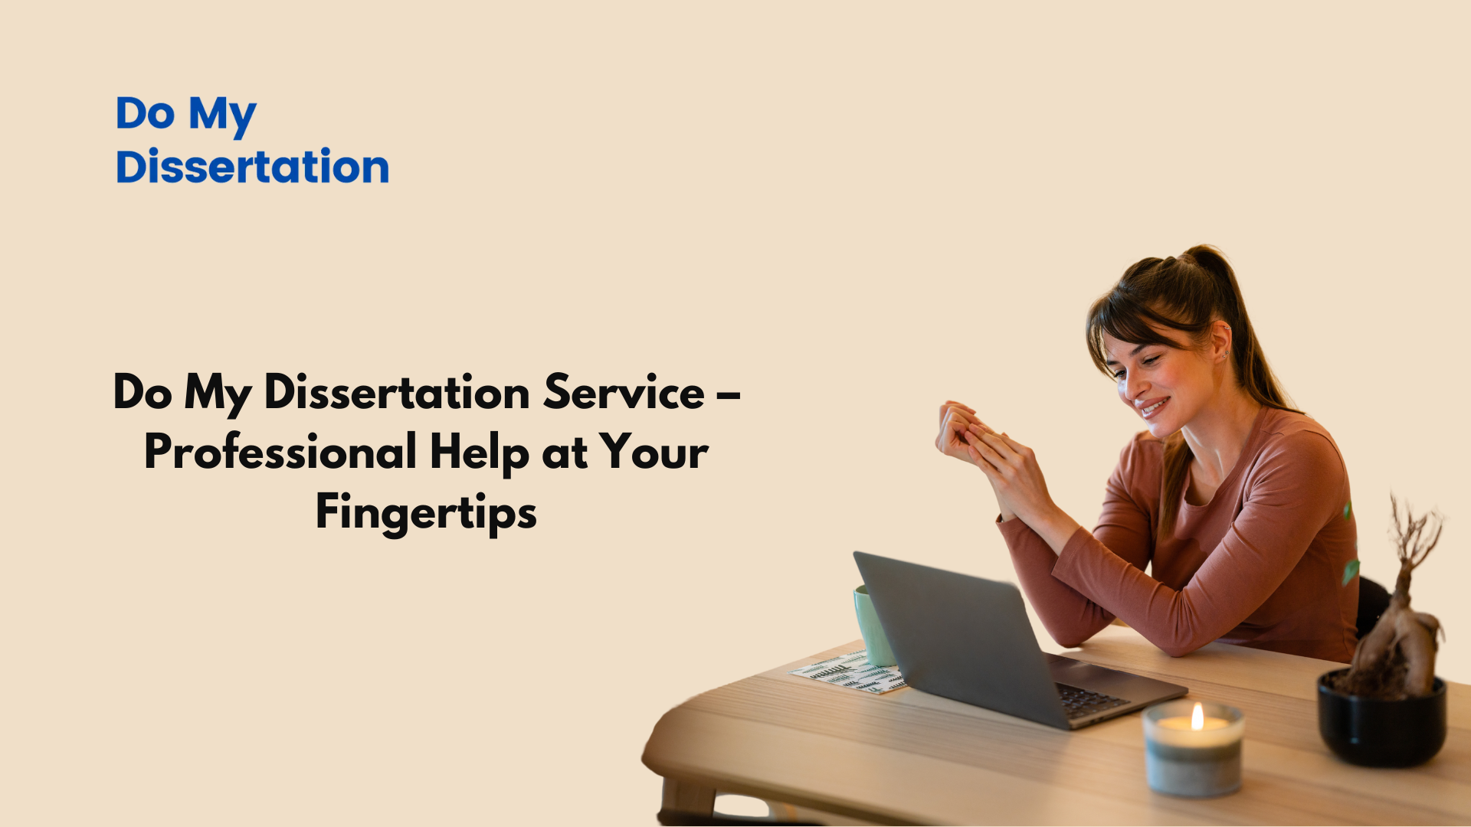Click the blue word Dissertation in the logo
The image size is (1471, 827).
coord(252,166)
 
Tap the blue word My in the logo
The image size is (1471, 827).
coord(222,116)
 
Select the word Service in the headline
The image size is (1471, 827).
coord(624,392)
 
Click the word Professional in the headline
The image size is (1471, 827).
coord(280,452)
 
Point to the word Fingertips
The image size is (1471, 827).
coord(426,513)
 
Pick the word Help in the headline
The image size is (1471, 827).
coord(480,453)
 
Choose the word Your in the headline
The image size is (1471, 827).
coord(654,452)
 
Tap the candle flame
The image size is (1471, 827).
coord(1197,716)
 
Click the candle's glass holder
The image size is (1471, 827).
coord(1193,750)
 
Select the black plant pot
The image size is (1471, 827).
coord(1381,720)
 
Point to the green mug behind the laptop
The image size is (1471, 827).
coord(873,625)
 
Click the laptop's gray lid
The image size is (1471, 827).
coord(958,636)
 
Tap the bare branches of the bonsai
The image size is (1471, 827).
coord(1414,536)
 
